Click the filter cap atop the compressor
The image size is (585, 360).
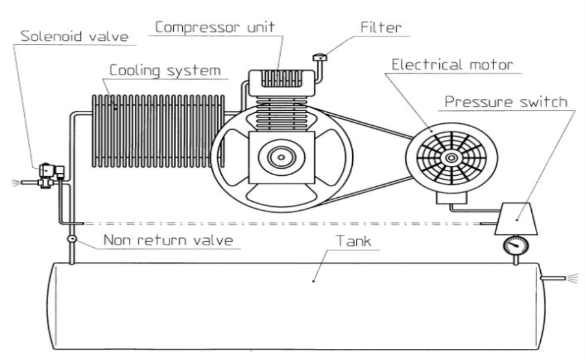(318, 58)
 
